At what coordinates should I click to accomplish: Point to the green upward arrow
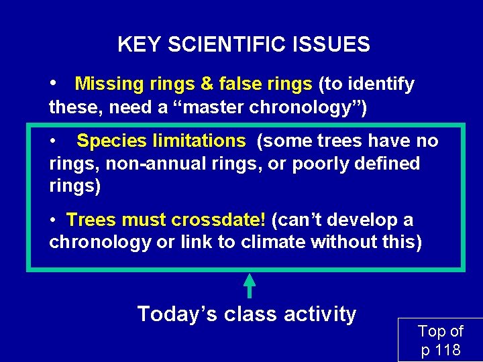(x=249, y=285)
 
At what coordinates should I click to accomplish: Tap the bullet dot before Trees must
(x=54, y=220)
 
